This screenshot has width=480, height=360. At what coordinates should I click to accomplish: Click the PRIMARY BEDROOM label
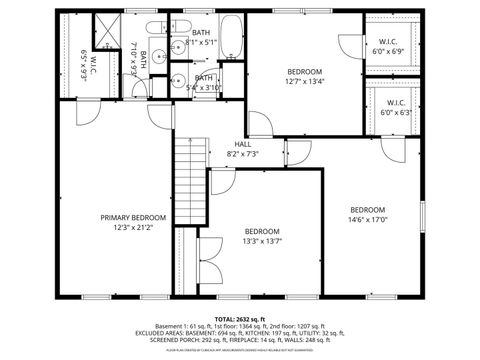[x=133, y=217]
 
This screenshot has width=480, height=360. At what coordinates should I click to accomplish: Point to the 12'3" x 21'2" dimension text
[x=133, y=227]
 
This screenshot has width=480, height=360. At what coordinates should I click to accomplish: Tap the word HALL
[x=243, y=144]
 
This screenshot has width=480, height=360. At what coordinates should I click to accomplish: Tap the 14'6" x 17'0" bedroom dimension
[x=367, y=220]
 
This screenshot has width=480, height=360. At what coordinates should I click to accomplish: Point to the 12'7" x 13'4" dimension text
[x=305, y=82]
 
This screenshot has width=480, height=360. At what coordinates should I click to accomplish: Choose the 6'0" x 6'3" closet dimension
[x=396, y=112]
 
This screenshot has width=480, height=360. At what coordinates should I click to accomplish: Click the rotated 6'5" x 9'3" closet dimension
[x=83, y=69]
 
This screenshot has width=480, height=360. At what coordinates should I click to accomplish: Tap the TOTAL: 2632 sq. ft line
[x=240, y=318]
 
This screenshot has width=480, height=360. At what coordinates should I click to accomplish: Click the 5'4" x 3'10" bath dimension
[x=203, y=87]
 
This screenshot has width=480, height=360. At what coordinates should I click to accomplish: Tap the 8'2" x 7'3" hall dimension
[x=243, y=154]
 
